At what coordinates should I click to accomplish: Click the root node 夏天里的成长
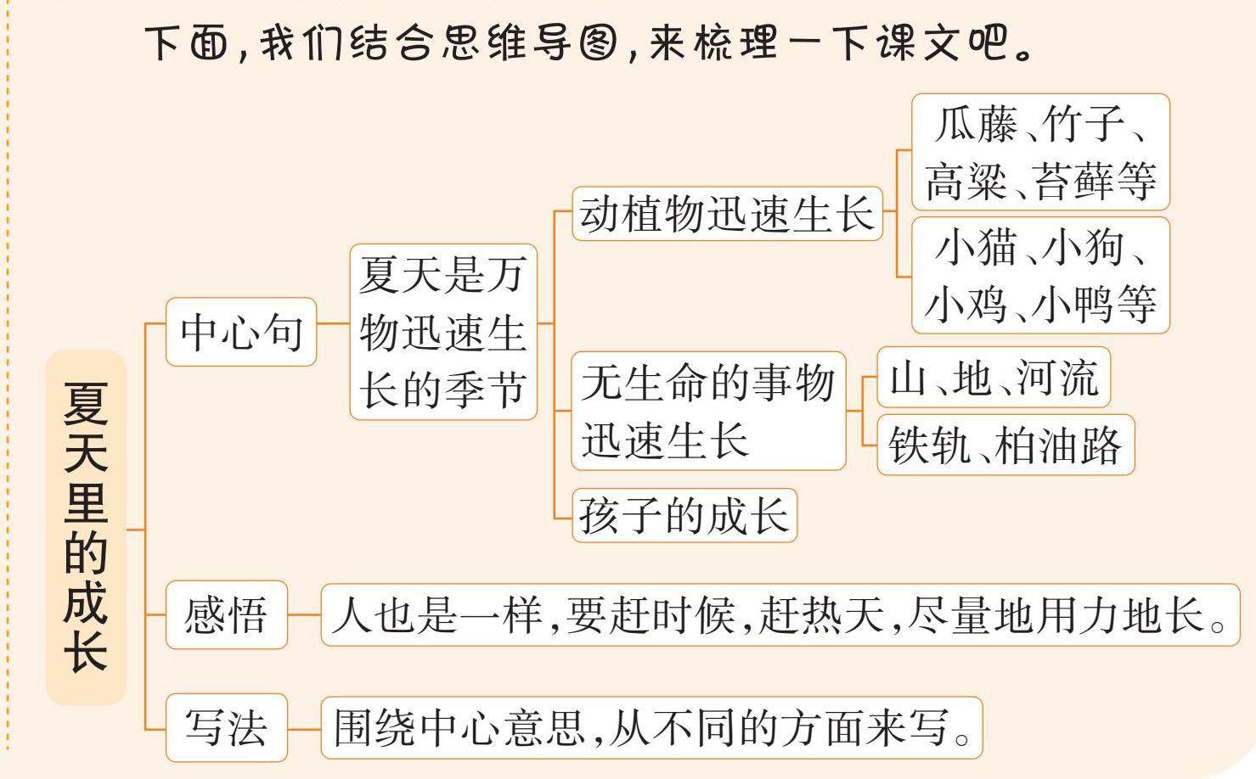[x=86, y=527]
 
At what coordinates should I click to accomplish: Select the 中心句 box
[x=241, y=332]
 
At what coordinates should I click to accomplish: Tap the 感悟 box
[x=226, y=615]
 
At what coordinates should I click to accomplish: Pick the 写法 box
[x=226, y=728]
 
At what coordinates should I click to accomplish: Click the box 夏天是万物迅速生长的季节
[x=443, y=332]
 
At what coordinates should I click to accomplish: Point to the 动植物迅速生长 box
[x=727, y=214]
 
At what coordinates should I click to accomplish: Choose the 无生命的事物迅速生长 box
[x=708, y=412]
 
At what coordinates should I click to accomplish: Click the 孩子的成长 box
[x=684, y=515]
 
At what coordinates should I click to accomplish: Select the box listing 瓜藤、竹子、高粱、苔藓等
[x=1040, y=153]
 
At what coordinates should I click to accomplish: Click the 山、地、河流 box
[x=994, y=378]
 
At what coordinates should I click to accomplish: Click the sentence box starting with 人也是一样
[x=780, y=615]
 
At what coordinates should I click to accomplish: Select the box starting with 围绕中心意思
[x=651, y=728]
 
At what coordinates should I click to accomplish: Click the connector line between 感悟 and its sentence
[x=304, y=615]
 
